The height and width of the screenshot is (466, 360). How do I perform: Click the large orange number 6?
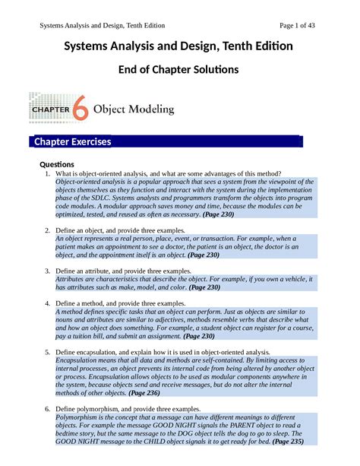point(81,109)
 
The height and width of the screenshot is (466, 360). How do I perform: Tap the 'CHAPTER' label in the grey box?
point(49,109)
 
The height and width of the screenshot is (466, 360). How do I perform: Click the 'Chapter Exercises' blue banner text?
point(71,142)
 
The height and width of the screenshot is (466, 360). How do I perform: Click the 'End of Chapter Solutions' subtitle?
point(179,70)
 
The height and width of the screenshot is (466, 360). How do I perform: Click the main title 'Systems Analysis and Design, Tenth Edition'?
point(179,47)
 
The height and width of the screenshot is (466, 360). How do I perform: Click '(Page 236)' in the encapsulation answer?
point(148,393)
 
